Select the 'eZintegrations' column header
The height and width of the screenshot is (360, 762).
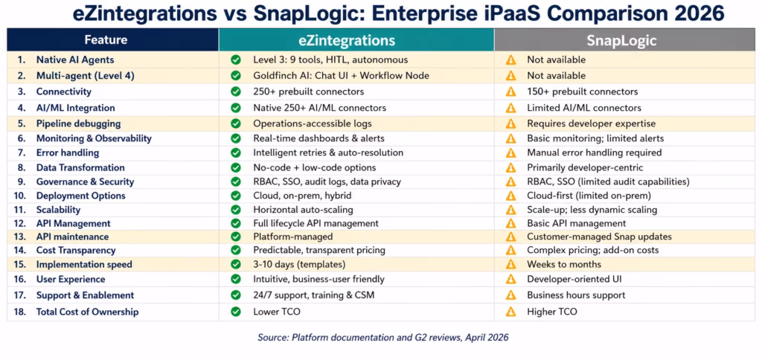(x=355, y=40)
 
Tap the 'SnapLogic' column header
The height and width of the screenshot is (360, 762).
(x=623, y=40)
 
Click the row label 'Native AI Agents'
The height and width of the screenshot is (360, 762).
(x=75, y=60)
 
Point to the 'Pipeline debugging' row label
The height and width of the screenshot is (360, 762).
(x=78, y=123)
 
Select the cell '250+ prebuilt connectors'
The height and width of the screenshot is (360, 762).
(x=308, y=91)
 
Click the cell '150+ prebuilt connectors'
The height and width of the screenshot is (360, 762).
(x=582, y=91)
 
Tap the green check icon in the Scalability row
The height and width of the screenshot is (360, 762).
(x=236, y=210)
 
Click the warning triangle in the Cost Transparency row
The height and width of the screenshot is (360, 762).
(x=510, y=251)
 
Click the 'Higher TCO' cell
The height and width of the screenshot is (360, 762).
(x=551, y=312)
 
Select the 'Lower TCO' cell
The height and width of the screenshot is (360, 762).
(x=276, y=312)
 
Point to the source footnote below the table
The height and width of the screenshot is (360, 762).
(x=382, y=337)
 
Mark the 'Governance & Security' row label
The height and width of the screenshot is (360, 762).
(x=85, y=181)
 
